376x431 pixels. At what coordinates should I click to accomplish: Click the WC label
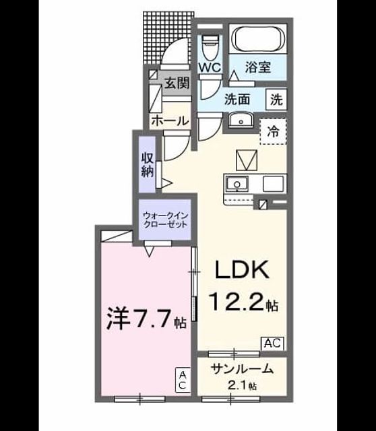click(210, 67)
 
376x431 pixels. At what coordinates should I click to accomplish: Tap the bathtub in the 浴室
click(258, 39)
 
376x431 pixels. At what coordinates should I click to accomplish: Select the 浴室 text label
click(257, 67)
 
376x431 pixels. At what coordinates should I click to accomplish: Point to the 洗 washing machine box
click(276, 99)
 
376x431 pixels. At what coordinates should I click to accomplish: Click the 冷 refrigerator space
click(273, 132)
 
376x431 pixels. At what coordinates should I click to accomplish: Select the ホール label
click(170, 121)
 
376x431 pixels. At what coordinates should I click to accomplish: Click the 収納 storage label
click(148, 164)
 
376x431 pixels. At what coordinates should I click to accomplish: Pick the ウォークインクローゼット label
click(166, 220)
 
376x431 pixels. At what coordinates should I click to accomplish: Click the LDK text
click(242, 269)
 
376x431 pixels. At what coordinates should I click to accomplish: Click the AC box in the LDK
click(272, 343)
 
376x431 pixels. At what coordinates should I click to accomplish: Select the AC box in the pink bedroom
click(183, 380)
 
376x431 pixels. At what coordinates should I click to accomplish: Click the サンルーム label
click(242, 369)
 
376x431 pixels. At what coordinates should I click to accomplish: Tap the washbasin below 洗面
click(241, 121)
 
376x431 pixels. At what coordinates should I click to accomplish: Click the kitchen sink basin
click(237, 183)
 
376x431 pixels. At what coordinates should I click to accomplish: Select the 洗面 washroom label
click(237, 99)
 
